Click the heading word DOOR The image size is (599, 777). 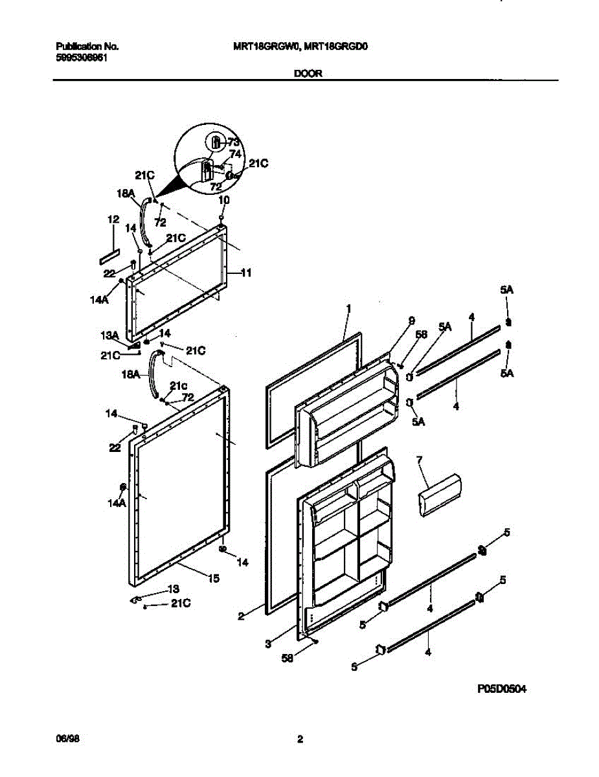[308, 74]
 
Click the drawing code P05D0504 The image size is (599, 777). [502, 690]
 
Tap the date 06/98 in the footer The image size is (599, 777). [66, 739]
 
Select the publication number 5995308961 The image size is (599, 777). [82, 57]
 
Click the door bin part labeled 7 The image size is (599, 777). [439, 495]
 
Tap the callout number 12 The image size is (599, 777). [114, 220]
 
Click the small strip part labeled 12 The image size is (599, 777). [109, 256]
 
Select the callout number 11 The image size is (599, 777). [246, 273]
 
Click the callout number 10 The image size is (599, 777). [223, 201]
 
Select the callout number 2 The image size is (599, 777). [240, 617]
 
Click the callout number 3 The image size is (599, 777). [267, 643]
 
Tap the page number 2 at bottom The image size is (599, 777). [300, 739]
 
